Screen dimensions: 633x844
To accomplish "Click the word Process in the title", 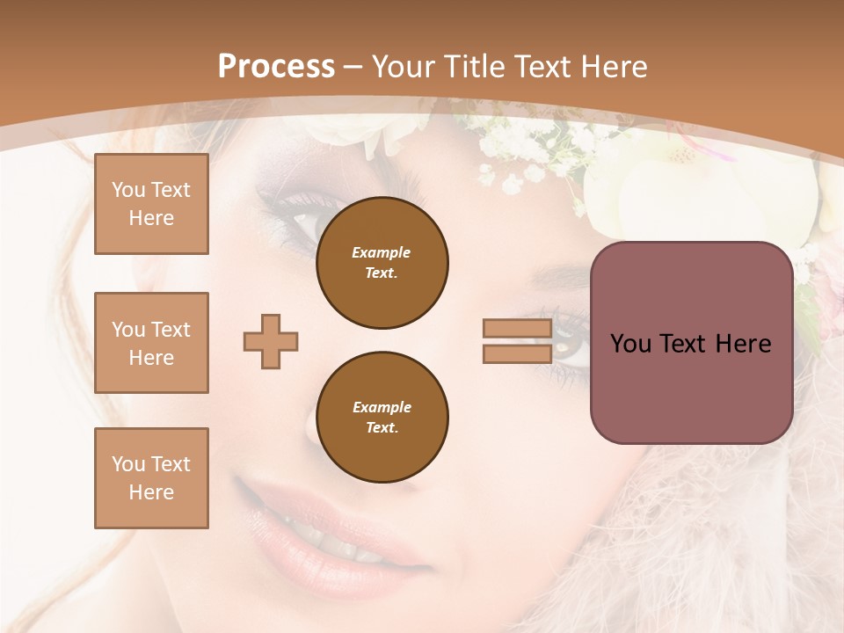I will pyautogui.click(x=276, y=67).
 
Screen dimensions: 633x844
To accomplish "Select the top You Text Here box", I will pyautogui.click(x=151, y=204).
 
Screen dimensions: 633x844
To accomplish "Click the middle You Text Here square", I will pyautogui.click(x=151, y=343).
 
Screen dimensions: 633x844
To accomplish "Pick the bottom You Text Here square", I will pyautogui.click(x=151, y=477).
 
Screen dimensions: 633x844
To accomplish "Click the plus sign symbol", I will pyautogui.click(x=271, y=341).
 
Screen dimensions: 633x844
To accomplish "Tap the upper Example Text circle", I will pyautogui.click(x=382, y=262).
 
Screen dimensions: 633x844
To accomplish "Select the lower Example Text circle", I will pyautogui.click(x=382, y=417).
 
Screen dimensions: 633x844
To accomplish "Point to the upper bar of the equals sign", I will pyautogui.click(x=517, y=329).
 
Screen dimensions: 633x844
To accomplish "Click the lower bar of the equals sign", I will pyautogui.click(x=517, y=353).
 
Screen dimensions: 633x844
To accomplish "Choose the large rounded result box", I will pyautogui.click(x=691, y=343).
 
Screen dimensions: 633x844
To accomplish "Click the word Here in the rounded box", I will pyautogui.click(x=744, y=344).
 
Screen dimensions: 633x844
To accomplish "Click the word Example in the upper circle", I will pyautogui.click(x=382, y=252).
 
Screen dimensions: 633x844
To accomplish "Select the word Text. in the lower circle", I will pyautogui.click(x=382, y=427).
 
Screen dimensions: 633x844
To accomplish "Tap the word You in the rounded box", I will pyautogui.click(x=630, y=344).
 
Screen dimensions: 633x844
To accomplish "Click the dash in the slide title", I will pyautogui.click(x=353, y=67).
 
